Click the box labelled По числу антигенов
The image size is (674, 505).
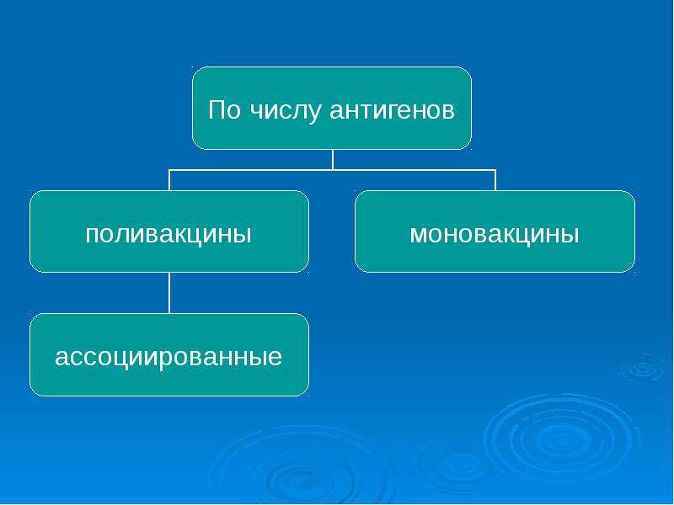331,109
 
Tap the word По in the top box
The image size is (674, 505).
224,110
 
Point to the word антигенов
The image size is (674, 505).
392,110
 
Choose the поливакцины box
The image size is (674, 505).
169,231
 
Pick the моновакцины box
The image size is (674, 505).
495,231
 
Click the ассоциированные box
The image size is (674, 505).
169,354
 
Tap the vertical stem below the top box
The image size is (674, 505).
332,160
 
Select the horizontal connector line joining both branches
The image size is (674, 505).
332,170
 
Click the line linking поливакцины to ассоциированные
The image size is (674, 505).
169,293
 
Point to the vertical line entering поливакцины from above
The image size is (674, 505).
169,180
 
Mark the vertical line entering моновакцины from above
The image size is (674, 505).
495,180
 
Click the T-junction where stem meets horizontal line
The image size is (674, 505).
332,170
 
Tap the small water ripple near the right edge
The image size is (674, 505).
643,368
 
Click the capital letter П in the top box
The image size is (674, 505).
218,110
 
